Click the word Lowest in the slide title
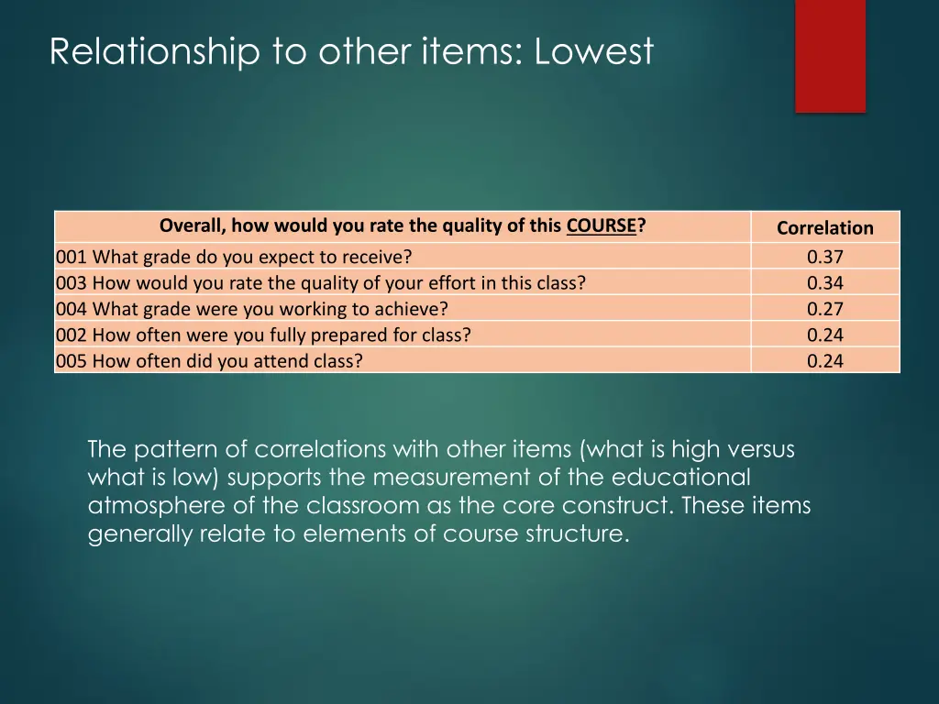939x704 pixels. tap(594, 52)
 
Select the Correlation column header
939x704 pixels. tap(825, 228)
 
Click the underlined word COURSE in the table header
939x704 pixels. tap(601, 225)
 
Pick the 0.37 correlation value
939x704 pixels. tap(825, 258)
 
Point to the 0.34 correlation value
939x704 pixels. tap(825, 283)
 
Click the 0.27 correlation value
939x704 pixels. tap(825, 309)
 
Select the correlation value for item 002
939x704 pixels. tap(825, 335)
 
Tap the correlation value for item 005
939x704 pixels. tap(825, 360)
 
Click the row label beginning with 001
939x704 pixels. tap(234, 258)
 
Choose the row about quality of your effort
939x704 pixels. tap(320, 283)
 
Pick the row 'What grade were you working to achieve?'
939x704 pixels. tap(252, 309)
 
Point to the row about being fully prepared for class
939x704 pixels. tap(263, 335)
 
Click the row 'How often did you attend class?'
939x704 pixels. tap(209, 360)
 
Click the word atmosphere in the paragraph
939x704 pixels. tap(152, 506)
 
